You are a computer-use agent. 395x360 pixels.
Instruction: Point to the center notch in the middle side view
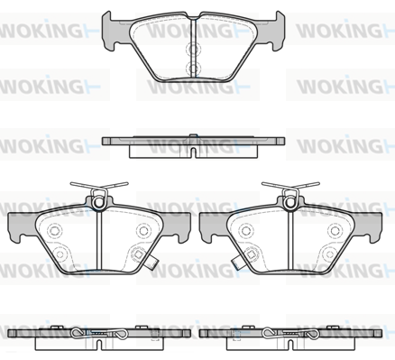(x=196, y=151)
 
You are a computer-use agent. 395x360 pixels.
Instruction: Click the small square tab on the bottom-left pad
(x=156, y=264)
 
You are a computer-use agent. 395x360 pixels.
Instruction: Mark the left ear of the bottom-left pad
(x=17, y=228)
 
